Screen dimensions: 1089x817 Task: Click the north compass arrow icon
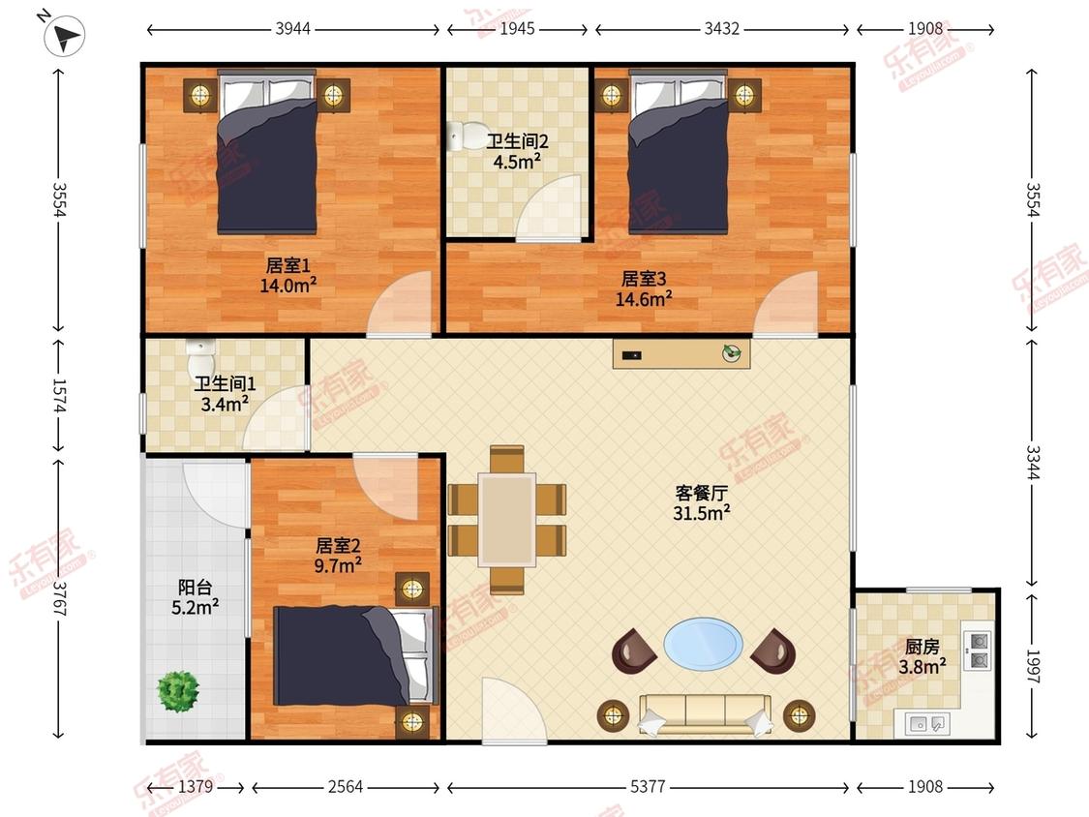click(x=64, y=35)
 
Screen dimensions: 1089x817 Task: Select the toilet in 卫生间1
click(x=200, y=357)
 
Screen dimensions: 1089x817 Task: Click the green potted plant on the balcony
click(x=178, y=691)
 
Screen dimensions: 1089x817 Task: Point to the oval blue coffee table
click(x=703, y=645)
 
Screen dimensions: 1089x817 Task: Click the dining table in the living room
click(x=507, y=520)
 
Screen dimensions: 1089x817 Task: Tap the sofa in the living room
click(x=705, y=713)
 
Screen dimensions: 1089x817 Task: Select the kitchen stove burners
click(x=978, y=651)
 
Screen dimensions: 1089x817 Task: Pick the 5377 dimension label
click(x=648, y=786)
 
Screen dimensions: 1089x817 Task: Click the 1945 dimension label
click(x=518, y=28)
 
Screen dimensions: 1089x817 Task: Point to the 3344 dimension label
click(x=1033, y=462)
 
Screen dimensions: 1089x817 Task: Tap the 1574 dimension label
click(x=59, y=395)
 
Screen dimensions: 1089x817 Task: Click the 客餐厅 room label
click(x=702, y=494)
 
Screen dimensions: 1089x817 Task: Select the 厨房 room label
click(x=923, y=647)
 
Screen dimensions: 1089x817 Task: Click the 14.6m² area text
click(x=644, y=299)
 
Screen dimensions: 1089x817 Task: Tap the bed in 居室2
click(x=355, y=655)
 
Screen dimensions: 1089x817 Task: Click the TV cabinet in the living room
click(x=681, y=353)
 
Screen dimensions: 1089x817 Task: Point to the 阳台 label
click(x=196, y=587)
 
